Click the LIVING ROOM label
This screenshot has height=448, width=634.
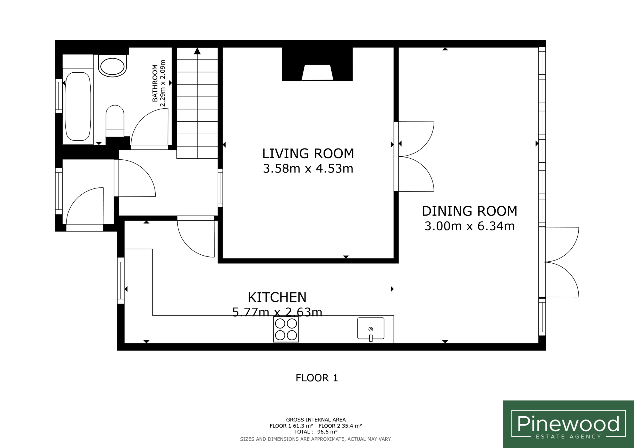tap(308, 153)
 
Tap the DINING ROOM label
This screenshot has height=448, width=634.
tap(470, 211)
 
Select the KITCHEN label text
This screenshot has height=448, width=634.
tap(277, 297)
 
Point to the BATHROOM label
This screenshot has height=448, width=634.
tap(155, 83)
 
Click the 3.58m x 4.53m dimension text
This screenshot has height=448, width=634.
tap(308, 169)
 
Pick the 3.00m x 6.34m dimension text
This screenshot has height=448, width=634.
tap(470, 226)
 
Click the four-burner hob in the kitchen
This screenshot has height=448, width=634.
tap(286, 330)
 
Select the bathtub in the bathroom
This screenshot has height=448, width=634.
tap(78, 106)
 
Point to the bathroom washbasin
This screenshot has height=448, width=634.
tap(112, 66)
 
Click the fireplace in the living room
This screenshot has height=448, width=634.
tap(317, 72)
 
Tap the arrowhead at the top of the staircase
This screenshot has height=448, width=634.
tap(197, 51)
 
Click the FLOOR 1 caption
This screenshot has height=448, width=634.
tap(317, 378)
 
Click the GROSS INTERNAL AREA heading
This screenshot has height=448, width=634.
tap(316, 420)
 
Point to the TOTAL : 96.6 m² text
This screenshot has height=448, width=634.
tap(316, 432)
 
